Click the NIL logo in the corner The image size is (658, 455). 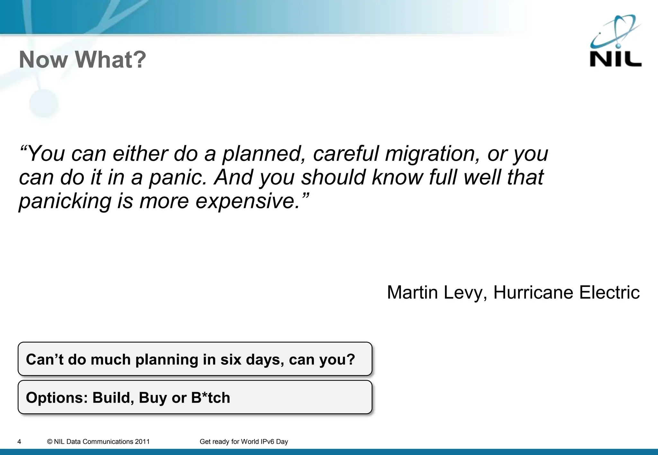[x=615, y=42]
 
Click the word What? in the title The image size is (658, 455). [x=111, y=60]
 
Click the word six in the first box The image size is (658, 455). [x=231, y=359]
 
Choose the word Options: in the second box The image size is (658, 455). [x=57, y=398]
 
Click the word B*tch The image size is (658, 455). [x=210, y=398]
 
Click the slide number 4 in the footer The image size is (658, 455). [x=19, y=442]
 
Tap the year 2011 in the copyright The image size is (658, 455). [x=142, y=442]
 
